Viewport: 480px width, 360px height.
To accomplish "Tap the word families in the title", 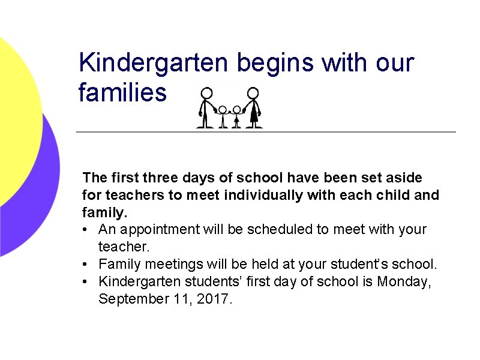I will pos(122,93).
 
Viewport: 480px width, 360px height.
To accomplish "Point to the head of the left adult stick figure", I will pos(206,93).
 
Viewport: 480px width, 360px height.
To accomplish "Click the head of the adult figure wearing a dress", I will pos(253,93).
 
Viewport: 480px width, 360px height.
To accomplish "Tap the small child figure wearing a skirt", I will pos(237,116).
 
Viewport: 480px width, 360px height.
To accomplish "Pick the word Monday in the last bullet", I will pos(403,281).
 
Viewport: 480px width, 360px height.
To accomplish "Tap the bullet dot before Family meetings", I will pos(87,264).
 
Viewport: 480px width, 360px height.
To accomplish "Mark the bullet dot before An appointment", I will pos(87,229).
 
